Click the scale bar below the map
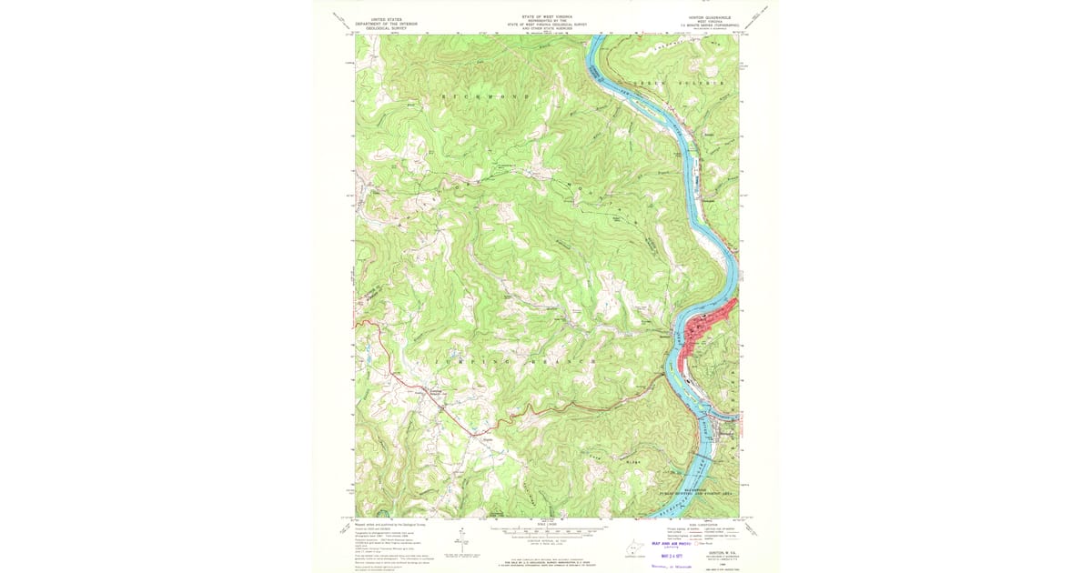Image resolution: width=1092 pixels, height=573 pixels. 546,529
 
